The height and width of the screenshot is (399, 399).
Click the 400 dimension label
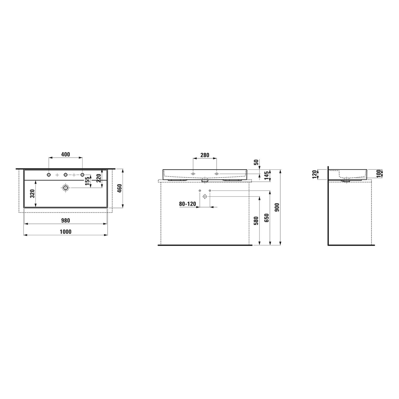pos(65,155)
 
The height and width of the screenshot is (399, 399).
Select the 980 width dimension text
pos(65,221)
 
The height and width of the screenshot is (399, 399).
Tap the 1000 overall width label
pos(65,232)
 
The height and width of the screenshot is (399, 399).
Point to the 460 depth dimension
pos(119,189)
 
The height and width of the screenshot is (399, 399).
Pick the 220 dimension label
pos(99,178)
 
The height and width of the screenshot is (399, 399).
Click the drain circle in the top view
pos(65,188)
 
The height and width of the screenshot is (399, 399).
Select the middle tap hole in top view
pos(65,174)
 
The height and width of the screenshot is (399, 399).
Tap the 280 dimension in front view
pos(205,155)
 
